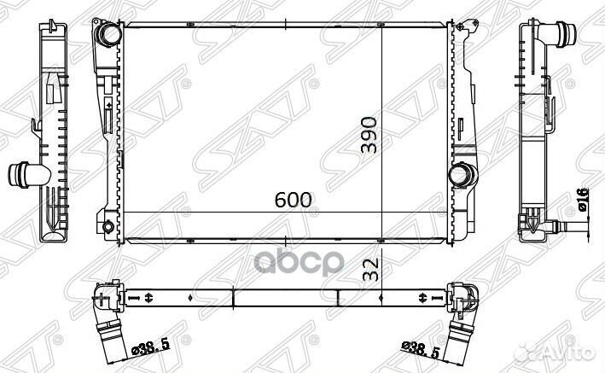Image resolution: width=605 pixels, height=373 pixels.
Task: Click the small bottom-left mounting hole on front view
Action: [x=106, y=227]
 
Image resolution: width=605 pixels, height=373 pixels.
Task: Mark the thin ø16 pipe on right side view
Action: [x=573, y=227]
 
